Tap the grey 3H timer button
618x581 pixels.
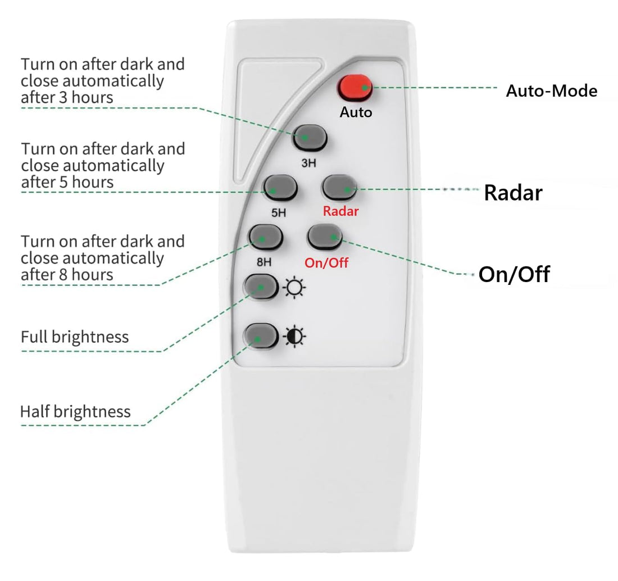pos(310,137)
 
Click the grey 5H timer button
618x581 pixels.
pos(281,188)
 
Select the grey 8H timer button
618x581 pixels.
pos(266,237)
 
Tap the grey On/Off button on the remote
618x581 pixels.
pos(325,237)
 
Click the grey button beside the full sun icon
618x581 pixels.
pos(260,287)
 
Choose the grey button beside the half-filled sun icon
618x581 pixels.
pos(260,337)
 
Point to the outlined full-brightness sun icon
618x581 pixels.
pos(294,288)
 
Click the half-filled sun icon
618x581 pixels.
pos(294,337)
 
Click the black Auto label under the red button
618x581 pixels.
pos(356,112)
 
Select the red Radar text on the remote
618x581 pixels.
pos(340,212)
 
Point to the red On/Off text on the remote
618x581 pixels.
pos(326,262)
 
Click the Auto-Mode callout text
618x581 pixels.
pos(551,91)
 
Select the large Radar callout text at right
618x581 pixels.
pos(513,193)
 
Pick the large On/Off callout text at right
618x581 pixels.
pos(514,275)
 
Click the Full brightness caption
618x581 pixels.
pos(75,337)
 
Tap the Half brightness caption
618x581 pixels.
pos(75,411)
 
